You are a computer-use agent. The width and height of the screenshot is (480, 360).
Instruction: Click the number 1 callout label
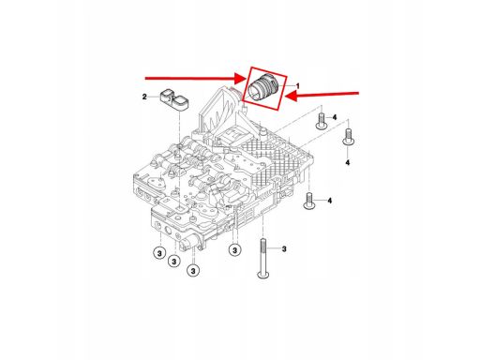tap(298, 86)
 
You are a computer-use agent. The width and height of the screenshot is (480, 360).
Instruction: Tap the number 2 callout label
tap(144, 97)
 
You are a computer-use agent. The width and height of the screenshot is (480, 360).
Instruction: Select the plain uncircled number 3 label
tap(284, 249)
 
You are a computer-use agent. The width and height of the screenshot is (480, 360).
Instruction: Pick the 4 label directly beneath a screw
tap(348, 162)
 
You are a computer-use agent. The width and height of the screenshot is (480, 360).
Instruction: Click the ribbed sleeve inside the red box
tap(262, 88)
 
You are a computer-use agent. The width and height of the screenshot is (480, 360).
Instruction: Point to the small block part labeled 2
tap(174, 100)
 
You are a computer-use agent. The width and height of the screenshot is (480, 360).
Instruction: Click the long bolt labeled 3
tap(262, 258)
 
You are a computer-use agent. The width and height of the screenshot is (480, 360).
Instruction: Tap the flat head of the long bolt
tap(262, 275)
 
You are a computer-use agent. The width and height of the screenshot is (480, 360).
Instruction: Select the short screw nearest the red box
tap(321, 122)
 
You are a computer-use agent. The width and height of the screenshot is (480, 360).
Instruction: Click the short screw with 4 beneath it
tap(348, 137)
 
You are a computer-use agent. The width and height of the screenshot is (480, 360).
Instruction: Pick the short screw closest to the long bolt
tap(308, 201)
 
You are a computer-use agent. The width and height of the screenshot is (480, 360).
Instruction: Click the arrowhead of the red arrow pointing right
tap(241, 79)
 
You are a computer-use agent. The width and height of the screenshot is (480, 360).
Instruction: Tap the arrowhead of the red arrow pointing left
tap(291, 96)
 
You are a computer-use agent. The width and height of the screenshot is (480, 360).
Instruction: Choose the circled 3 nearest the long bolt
tap(234, 250)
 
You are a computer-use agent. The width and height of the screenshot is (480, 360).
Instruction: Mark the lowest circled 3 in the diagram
tap(193, 271)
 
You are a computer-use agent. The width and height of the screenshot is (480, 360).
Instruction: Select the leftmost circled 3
tap(159, 253)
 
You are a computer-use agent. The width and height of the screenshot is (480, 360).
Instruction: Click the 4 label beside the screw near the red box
tap(335, 117)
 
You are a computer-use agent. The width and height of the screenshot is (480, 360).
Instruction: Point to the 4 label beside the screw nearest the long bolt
tap(329, 201)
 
